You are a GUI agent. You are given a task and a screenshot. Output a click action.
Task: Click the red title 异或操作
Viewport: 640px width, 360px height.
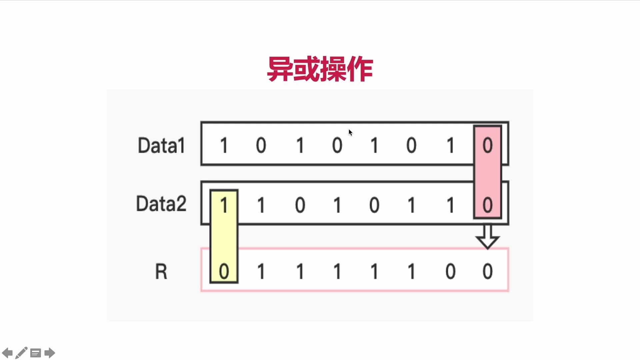coord(320,69)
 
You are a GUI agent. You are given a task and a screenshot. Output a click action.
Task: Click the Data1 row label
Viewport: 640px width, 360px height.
coord(161,146)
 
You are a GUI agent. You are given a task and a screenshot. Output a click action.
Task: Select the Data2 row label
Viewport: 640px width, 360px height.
coord(161,204)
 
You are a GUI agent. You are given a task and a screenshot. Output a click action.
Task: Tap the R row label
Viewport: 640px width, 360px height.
coord(161,271)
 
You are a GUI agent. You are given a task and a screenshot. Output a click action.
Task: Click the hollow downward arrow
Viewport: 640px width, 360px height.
coord(487,237)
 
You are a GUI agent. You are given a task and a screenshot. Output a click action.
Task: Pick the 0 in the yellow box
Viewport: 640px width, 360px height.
coord(224,271)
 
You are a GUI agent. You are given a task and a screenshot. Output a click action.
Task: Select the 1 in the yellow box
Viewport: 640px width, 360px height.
coord(224,205)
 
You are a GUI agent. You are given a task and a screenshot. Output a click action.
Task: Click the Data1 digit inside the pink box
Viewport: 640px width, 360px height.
coord(487,145)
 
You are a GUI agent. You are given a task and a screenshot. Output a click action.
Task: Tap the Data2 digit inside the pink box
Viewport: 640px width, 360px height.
coord(487,205)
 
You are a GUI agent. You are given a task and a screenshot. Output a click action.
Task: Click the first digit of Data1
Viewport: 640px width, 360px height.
coord(224,145)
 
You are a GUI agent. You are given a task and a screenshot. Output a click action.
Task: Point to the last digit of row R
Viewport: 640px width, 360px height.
coord(487,271)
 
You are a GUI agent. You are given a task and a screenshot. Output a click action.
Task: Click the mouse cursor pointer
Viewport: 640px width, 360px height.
coord(350,133)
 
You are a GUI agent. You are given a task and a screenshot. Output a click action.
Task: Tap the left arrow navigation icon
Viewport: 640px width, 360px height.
coord(7,353)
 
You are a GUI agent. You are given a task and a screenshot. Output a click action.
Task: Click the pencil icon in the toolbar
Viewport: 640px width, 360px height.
coord(21,353)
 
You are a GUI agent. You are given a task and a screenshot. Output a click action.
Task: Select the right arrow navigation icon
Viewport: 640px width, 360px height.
coord(50,353)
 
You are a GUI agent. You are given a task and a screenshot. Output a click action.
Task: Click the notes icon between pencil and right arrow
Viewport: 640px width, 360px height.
coord(36,353)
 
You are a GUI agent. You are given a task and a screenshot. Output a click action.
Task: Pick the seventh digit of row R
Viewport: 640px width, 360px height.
coord(450,271)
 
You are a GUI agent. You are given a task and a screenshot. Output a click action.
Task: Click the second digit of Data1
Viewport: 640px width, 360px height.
coord(261,145)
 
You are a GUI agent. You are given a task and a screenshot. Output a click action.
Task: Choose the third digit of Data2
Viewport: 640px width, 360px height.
coord(300,205)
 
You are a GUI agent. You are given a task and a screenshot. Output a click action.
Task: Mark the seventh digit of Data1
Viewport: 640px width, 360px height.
coord(450,145)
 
